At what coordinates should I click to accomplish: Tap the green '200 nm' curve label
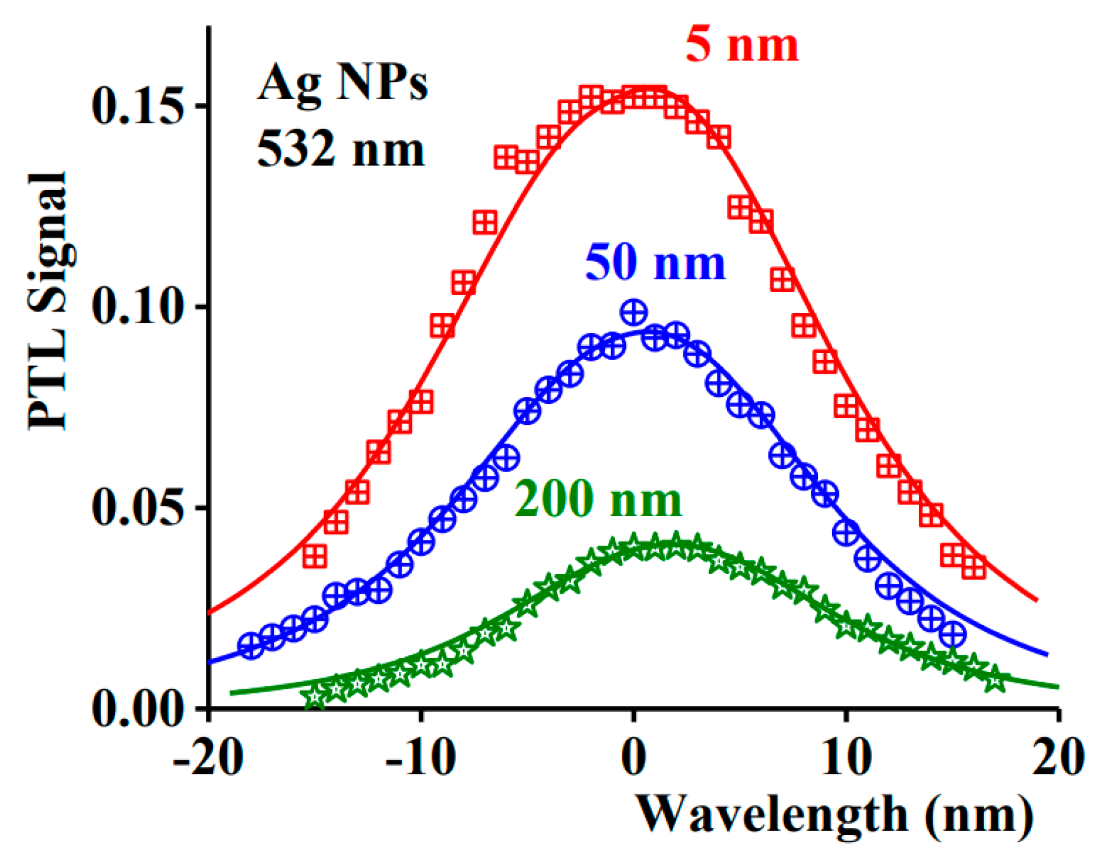pyautogui.click(x=598, y=498)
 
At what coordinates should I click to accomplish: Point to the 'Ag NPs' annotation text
pyautogui.click(x=342, y=83)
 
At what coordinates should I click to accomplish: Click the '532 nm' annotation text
pyautogui.click(x=341, y=149)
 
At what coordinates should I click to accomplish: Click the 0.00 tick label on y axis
pyautogui.click(x=136, y=708)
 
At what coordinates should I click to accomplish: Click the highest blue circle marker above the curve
pyautogui.click(x=633, y=312)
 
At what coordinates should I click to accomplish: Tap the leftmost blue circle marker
pyautogui.click(x=250, y=645)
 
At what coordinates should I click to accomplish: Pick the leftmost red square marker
pyautogui.click(x=315, y=556)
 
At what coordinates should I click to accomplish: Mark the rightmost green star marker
pyautogui.click(x=995, y=680)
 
